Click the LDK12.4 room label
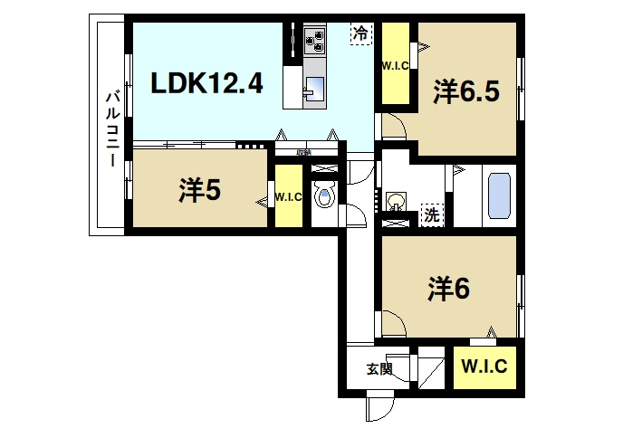pyautogui.click(x=206, y=84)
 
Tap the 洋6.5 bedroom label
pyautogui.click(x=466, y=92)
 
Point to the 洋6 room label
pyautogui.click(x=449, y=288)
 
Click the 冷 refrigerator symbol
pyautogui.click(x=360, y=33)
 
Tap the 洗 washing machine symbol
pyautogui.click(x=434, y=215)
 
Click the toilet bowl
pyautogui.click(x=323, y=195)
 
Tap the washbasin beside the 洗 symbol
pyautogui.click(x=397, y=200)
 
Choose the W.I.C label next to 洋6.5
pyautogui.click(x=394, y=65)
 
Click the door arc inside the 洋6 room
pyautogui.click(x=393, y=321)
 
